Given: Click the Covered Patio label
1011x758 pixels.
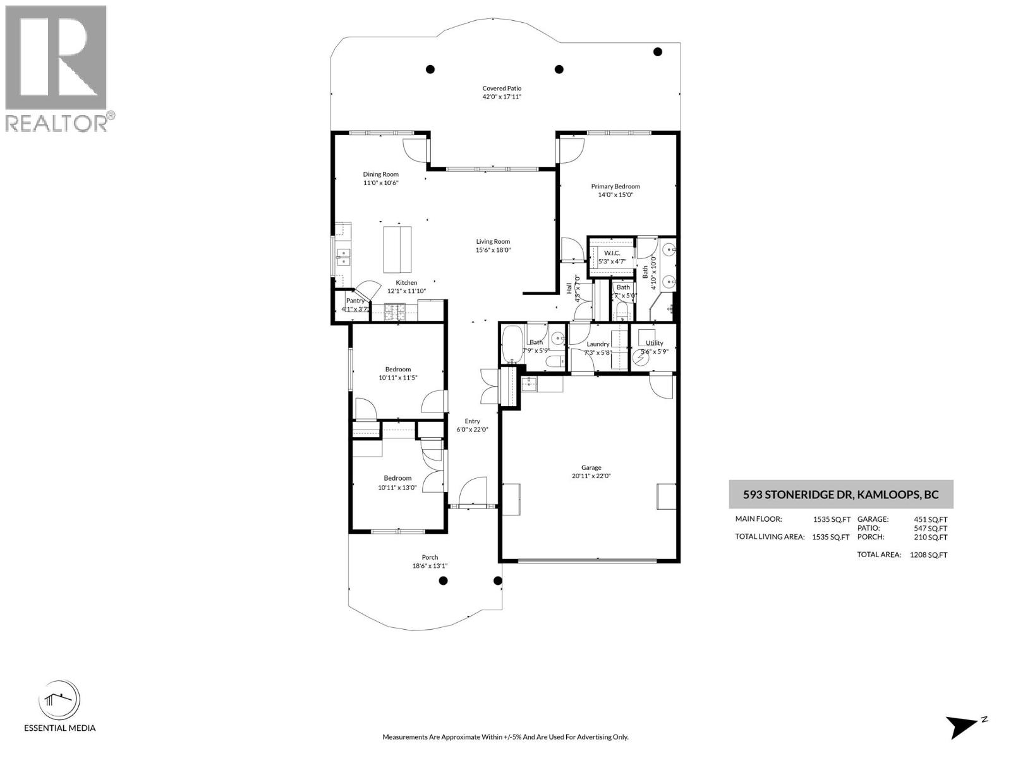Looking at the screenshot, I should [502, 88].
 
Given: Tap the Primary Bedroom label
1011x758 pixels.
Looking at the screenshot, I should [615, 186].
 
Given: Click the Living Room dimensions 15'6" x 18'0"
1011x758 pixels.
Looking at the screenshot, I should [493, 250].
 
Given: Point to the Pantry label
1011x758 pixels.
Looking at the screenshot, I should [355, 301].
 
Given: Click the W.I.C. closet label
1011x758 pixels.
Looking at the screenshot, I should [612, 253].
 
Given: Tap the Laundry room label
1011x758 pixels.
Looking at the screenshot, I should [598, 344].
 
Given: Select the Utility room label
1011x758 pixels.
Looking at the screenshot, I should [654, 343].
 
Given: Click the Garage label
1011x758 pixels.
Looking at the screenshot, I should [591, 468].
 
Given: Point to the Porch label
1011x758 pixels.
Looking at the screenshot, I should [430, 557].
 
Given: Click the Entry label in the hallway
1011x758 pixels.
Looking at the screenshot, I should [472, 421].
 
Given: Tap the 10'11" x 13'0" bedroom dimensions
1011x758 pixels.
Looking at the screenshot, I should [397, 487].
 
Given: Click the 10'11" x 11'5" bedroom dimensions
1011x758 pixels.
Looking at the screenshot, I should [398, 378].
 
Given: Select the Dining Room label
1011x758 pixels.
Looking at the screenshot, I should [380, 174].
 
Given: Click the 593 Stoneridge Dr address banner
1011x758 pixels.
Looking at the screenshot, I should [841, 495].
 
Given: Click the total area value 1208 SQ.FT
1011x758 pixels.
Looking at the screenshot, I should [928, 555].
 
